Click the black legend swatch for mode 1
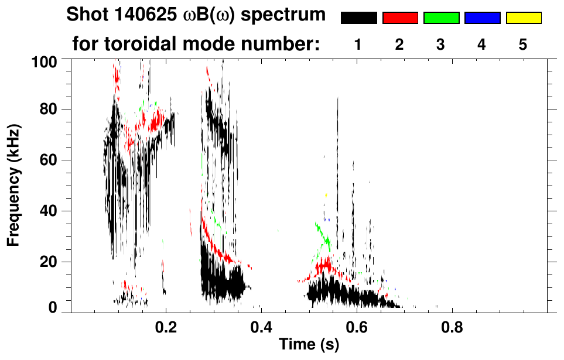(x=359, y=18)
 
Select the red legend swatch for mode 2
(x=400, y=18)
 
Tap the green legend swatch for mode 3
(x=441, y=18)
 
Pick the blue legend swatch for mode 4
(x=482, y=18)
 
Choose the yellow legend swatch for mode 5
(x=524, y=18)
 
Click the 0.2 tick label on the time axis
(x=166, y=326)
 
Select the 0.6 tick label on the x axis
(x=356, y=326)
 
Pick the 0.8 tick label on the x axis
(x=452, y=326)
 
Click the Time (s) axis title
(x=308, y=344)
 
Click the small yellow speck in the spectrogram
(x=326, y=195)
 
